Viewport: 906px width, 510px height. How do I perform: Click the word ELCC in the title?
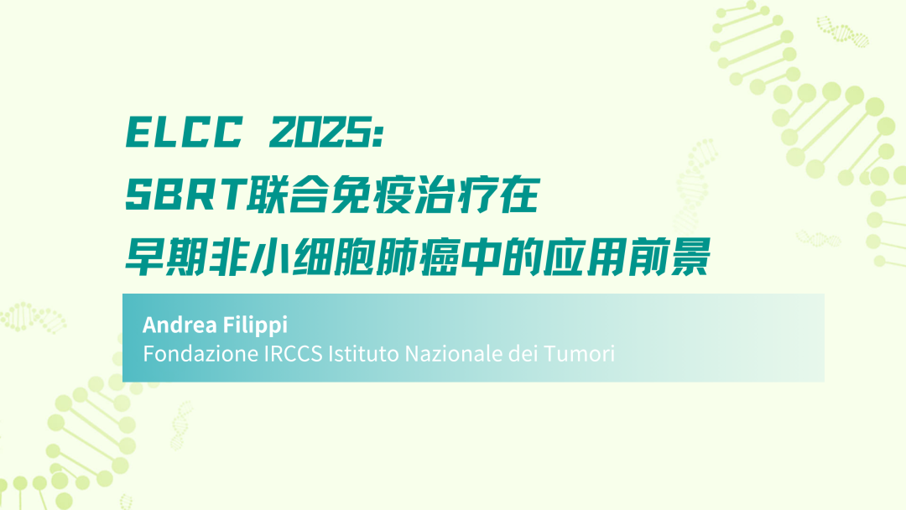pos(185,133)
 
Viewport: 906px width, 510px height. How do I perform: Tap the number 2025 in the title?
pos(320,133)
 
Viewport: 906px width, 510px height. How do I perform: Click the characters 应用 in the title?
pos(586,257)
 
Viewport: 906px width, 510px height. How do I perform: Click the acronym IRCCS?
pos(293,353)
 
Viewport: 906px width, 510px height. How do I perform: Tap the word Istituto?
pos(363,353)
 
